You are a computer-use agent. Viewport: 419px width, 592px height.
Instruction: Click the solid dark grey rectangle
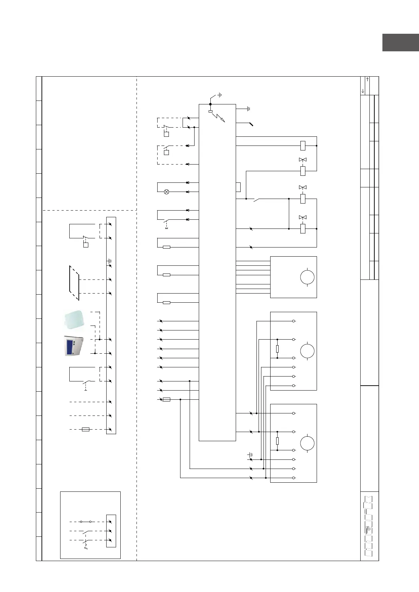(x=401, y=43)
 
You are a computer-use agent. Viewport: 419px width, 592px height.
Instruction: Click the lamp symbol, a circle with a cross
(x=167, y=192)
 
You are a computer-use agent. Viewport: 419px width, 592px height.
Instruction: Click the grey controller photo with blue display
(x=74, y=346)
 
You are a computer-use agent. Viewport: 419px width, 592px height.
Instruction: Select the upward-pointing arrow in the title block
(x=367, y=79)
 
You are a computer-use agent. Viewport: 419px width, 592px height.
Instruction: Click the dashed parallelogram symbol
(x=74, y=283)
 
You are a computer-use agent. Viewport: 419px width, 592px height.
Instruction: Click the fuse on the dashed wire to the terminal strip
(x=85, y=429)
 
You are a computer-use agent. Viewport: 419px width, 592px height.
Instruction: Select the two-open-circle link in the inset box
(x=86, y=522)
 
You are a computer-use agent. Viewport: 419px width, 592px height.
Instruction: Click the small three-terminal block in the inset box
(x=111, y=531)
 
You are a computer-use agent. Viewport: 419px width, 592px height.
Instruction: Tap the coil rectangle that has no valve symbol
(x=303, y=146)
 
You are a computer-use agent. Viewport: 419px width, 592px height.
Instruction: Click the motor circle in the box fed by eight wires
(x=307, y=277)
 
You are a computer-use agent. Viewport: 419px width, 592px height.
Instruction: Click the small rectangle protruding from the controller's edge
(x=238, y=187)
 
